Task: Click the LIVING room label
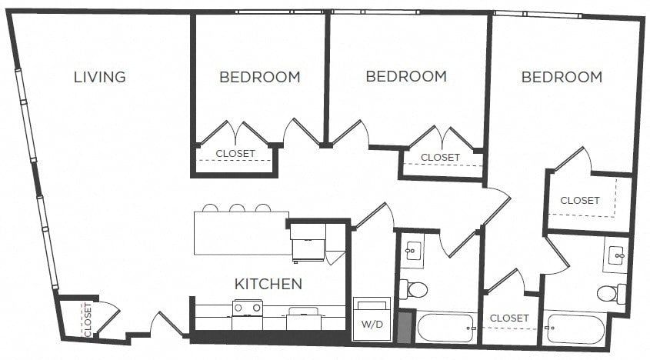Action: tap(99, 77)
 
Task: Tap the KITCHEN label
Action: tap(268, 284)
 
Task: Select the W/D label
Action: tap(372, 325)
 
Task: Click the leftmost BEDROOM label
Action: tap(259, 77)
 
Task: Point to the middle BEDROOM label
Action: tap(406, 76)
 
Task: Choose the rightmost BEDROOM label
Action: tap(562, 77)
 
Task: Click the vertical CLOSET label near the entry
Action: tap(88, 320)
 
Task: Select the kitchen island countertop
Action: tap(242, 233)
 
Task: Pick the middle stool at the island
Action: tap(237, 208)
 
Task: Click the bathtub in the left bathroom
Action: tap(445, 328)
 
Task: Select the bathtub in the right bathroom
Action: tap(576, 329)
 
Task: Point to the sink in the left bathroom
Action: tap(413, 252)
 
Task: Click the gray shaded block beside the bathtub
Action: tap(405, 327)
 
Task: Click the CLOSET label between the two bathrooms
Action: tap(509, 318)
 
